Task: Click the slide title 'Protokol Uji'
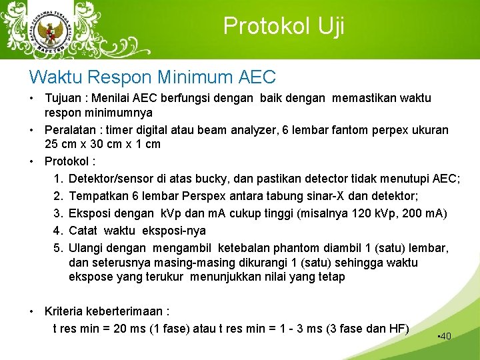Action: pyautogui.click(x=283, y=26)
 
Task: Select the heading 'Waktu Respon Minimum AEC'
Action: pyautogui.click(x=153, y=77)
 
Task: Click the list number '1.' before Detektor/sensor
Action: pyautogui.click(x=58, y=179)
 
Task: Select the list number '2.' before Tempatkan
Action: pyautogui.click(x=58, y=197)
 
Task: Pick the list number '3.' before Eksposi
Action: pyautogui.click(x=58, y=213)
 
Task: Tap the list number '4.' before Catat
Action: pyautogui.click(x=58, y=231)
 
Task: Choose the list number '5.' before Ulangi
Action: pyautogui.click(x=58, y=248)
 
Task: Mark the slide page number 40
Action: pyautogui.click(x=445, y=336)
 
